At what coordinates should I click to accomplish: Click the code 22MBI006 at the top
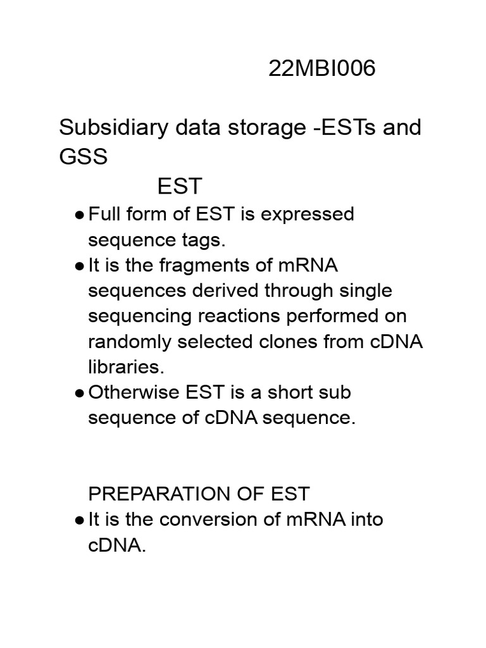tap(321, 68)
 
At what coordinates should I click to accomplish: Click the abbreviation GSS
tap(84, 156)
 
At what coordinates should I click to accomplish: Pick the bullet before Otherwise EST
tap(79, 394)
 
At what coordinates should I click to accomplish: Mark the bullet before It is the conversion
tap(79, 521)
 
